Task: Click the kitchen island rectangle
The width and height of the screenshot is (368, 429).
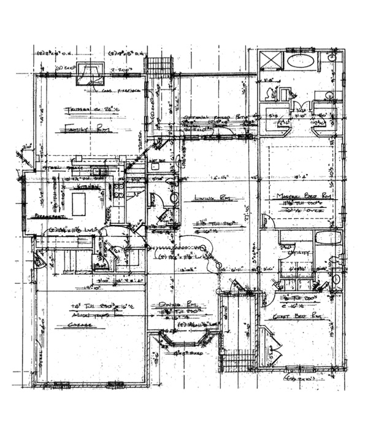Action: (x=79, y=203)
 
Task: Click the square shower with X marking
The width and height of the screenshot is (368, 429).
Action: (x=270, y=62)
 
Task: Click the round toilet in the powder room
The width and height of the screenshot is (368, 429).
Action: (x=174, y=198)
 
